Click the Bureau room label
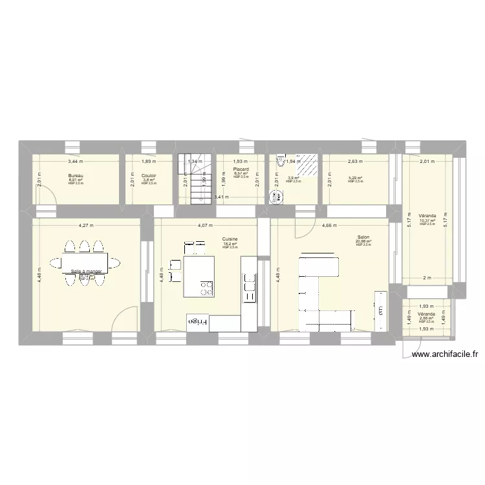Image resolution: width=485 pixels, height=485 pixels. click(x=76, y=175)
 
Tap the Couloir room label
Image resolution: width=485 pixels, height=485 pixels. click(x=149, y=175)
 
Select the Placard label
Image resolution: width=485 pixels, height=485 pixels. click(x=241, y=169)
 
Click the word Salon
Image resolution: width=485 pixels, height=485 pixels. click(x=363, y=237)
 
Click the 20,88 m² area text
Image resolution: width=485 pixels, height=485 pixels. click(x=363, y=242)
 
